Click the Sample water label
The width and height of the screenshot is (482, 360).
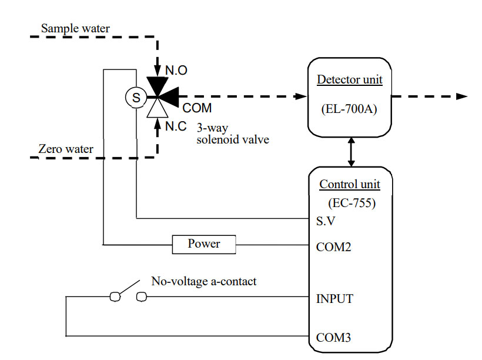pyautogui.click(x=75, y=28)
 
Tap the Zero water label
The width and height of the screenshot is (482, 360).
pyautogui.click(x=66, y=149)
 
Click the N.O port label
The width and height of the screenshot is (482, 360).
pyautogui.click(x=176, y=71)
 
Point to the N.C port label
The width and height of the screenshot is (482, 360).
pyautogui.click(x=176, y=126)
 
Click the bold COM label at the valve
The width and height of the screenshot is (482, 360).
pyautogui.click(x=197, y=109)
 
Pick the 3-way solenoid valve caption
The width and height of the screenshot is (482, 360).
pyautogui.click(x=233, y=134)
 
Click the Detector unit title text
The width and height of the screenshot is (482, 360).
pyautogui.click(x=350, y=79)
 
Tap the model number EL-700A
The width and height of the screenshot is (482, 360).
pyautogui.click(x=350, y=109)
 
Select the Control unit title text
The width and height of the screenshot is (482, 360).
pyautogui.click(x=350, y=184)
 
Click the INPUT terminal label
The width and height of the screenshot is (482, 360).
pyautogui.click(x=334, y=299)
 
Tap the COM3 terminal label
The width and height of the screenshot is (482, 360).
pyautogui.click(x=334, y=338)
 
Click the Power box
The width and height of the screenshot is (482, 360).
pyautogui.click(x=204, y=244)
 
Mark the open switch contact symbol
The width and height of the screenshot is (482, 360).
pyautogui.click(x=128, y=295)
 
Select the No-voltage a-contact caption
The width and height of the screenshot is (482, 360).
pyautogui.click(x=204, y=282)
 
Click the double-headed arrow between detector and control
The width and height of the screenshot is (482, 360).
pyautogui.click(x=352, y=152)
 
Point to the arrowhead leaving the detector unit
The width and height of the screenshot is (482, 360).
pyautogui.click(x=461, y=96)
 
